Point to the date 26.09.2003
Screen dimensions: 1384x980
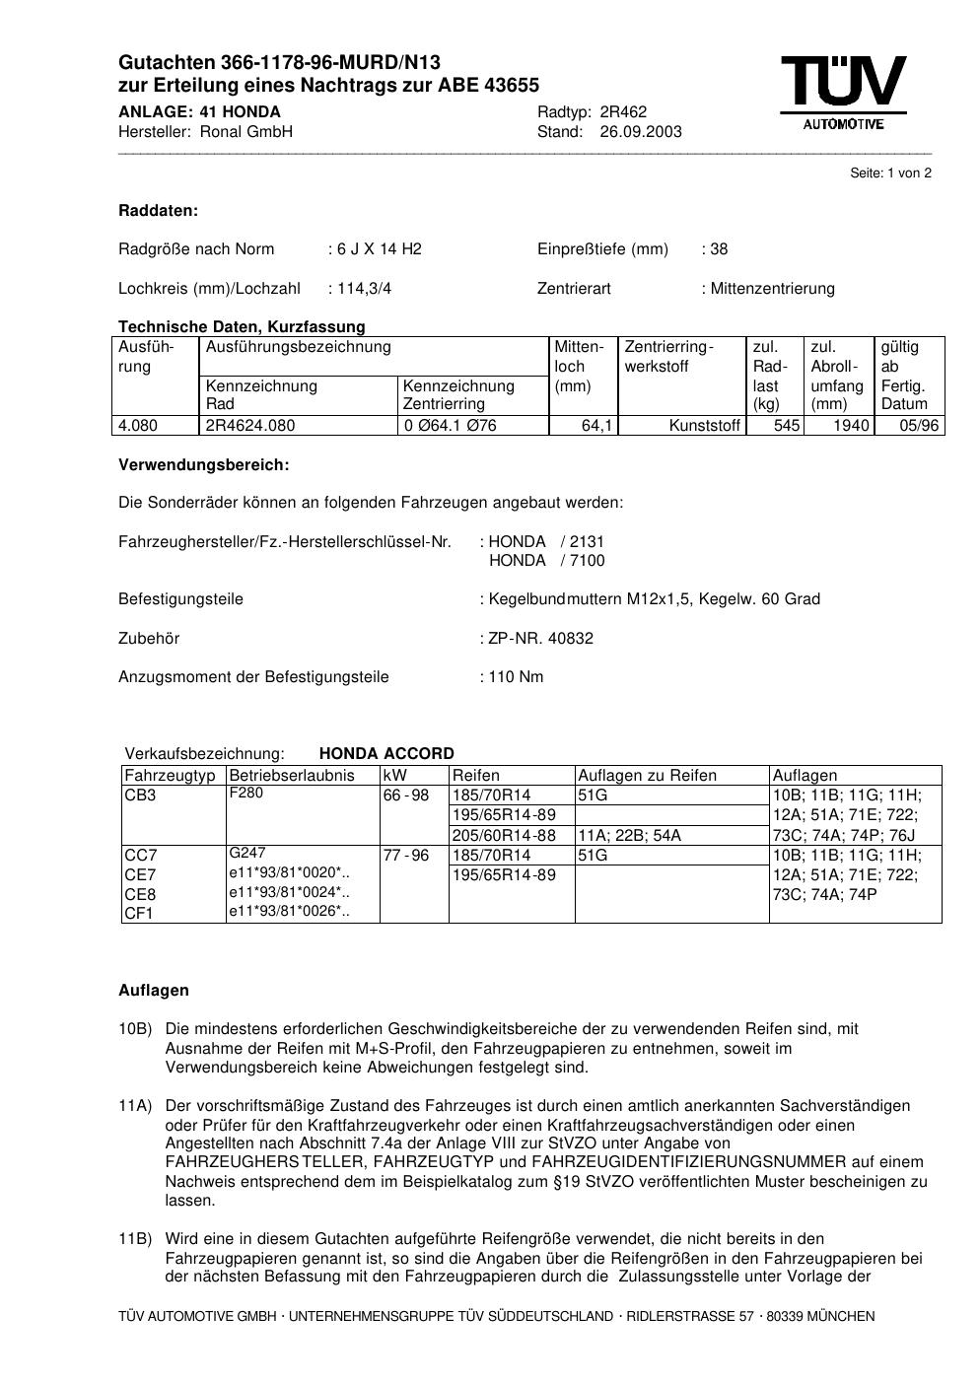click(x=640, y=131)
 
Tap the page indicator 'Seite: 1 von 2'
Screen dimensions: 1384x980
click(x=890, y=173)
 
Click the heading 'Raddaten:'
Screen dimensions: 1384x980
click(x=158, y=210)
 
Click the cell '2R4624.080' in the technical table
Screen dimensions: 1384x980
click(x=249, y=425)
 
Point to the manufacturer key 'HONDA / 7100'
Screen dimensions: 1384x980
click(x=547, y=560)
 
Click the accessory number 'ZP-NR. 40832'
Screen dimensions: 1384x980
click(x=540, y=638)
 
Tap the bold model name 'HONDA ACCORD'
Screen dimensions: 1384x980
click(x=386, y=753)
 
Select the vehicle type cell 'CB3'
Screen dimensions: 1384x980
click(x=140, y=796)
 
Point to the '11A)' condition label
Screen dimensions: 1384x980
click(x=135, y=1106)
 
